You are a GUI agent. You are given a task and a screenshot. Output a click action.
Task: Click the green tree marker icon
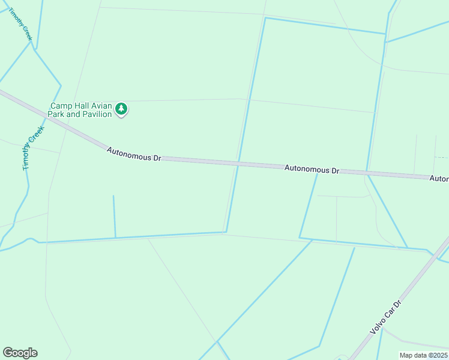coord(122,109)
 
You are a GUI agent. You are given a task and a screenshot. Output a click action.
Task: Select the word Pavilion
coord(97,114)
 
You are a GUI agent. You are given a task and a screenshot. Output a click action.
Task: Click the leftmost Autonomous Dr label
coord(134,154)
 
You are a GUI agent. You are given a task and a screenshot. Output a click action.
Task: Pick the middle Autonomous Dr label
coord(312,170)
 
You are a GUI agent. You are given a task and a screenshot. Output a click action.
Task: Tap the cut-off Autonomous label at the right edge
coord(439,179)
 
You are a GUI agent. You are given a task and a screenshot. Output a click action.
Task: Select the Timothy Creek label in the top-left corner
coord(20,24)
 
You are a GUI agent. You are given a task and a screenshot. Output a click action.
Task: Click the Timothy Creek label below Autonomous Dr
coord(34,148)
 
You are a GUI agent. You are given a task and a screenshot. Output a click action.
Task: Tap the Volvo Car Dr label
coord(385,317)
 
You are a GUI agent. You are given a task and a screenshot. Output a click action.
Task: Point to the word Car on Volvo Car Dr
coord(388,313)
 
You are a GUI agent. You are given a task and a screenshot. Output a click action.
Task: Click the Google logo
coord(20,353)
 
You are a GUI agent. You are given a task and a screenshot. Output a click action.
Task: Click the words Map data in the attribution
coord(414,355)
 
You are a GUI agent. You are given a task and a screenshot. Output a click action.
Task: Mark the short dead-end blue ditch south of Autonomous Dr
coord(114,216)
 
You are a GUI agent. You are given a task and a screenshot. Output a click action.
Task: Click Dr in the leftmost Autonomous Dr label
coord(157,158)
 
